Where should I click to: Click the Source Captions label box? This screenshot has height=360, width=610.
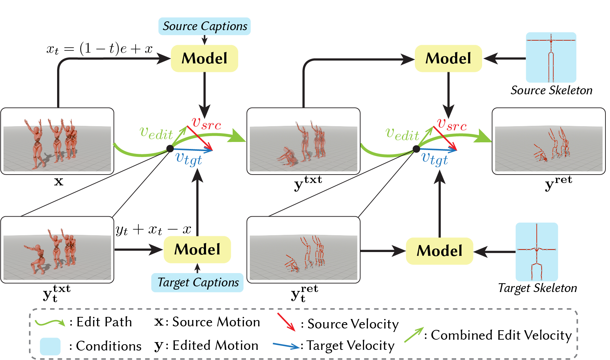[x=205, y=26]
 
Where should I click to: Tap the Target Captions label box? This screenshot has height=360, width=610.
[x=197, y=283]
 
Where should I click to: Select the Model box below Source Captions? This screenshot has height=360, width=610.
[x=205, y=59]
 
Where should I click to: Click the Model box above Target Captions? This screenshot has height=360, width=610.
[x=197, y=250]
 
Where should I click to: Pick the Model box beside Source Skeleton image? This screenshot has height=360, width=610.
[x=448, y=59]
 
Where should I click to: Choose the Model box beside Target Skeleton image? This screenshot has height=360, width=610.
[x=440, y=251]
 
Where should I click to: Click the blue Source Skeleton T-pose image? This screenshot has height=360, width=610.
[x=551, y=57]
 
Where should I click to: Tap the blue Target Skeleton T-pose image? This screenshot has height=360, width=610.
[x=537, y=252]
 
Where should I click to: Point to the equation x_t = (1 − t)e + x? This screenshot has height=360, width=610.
[x=100, y=49]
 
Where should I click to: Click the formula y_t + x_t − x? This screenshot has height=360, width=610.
[x=153, y=230]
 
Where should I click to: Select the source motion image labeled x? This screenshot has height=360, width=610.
[x=57, y=141]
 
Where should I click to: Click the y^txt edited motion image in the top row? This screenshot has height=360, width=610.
[x=303, y=141]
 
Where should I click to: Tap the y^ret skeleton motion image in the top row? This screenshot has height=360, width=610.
[x=549, y=141]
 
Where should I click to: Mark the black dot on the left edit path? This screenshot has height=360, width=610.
[x=170, y=149]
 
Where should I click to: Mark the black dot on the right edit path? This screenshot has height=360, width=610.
[x=416, y=149]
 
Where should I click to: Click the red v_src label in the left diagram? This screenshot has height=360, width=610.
[x=207, y=123]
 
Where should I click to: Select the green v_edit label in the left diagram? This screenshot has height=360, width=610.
[x=156, y=133]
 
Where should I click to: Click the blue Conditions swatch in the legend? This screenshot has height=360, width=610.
[x=50, y=346]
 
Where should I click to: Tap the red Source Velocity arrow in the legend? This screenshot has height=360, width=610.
[x=286, y=322]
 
